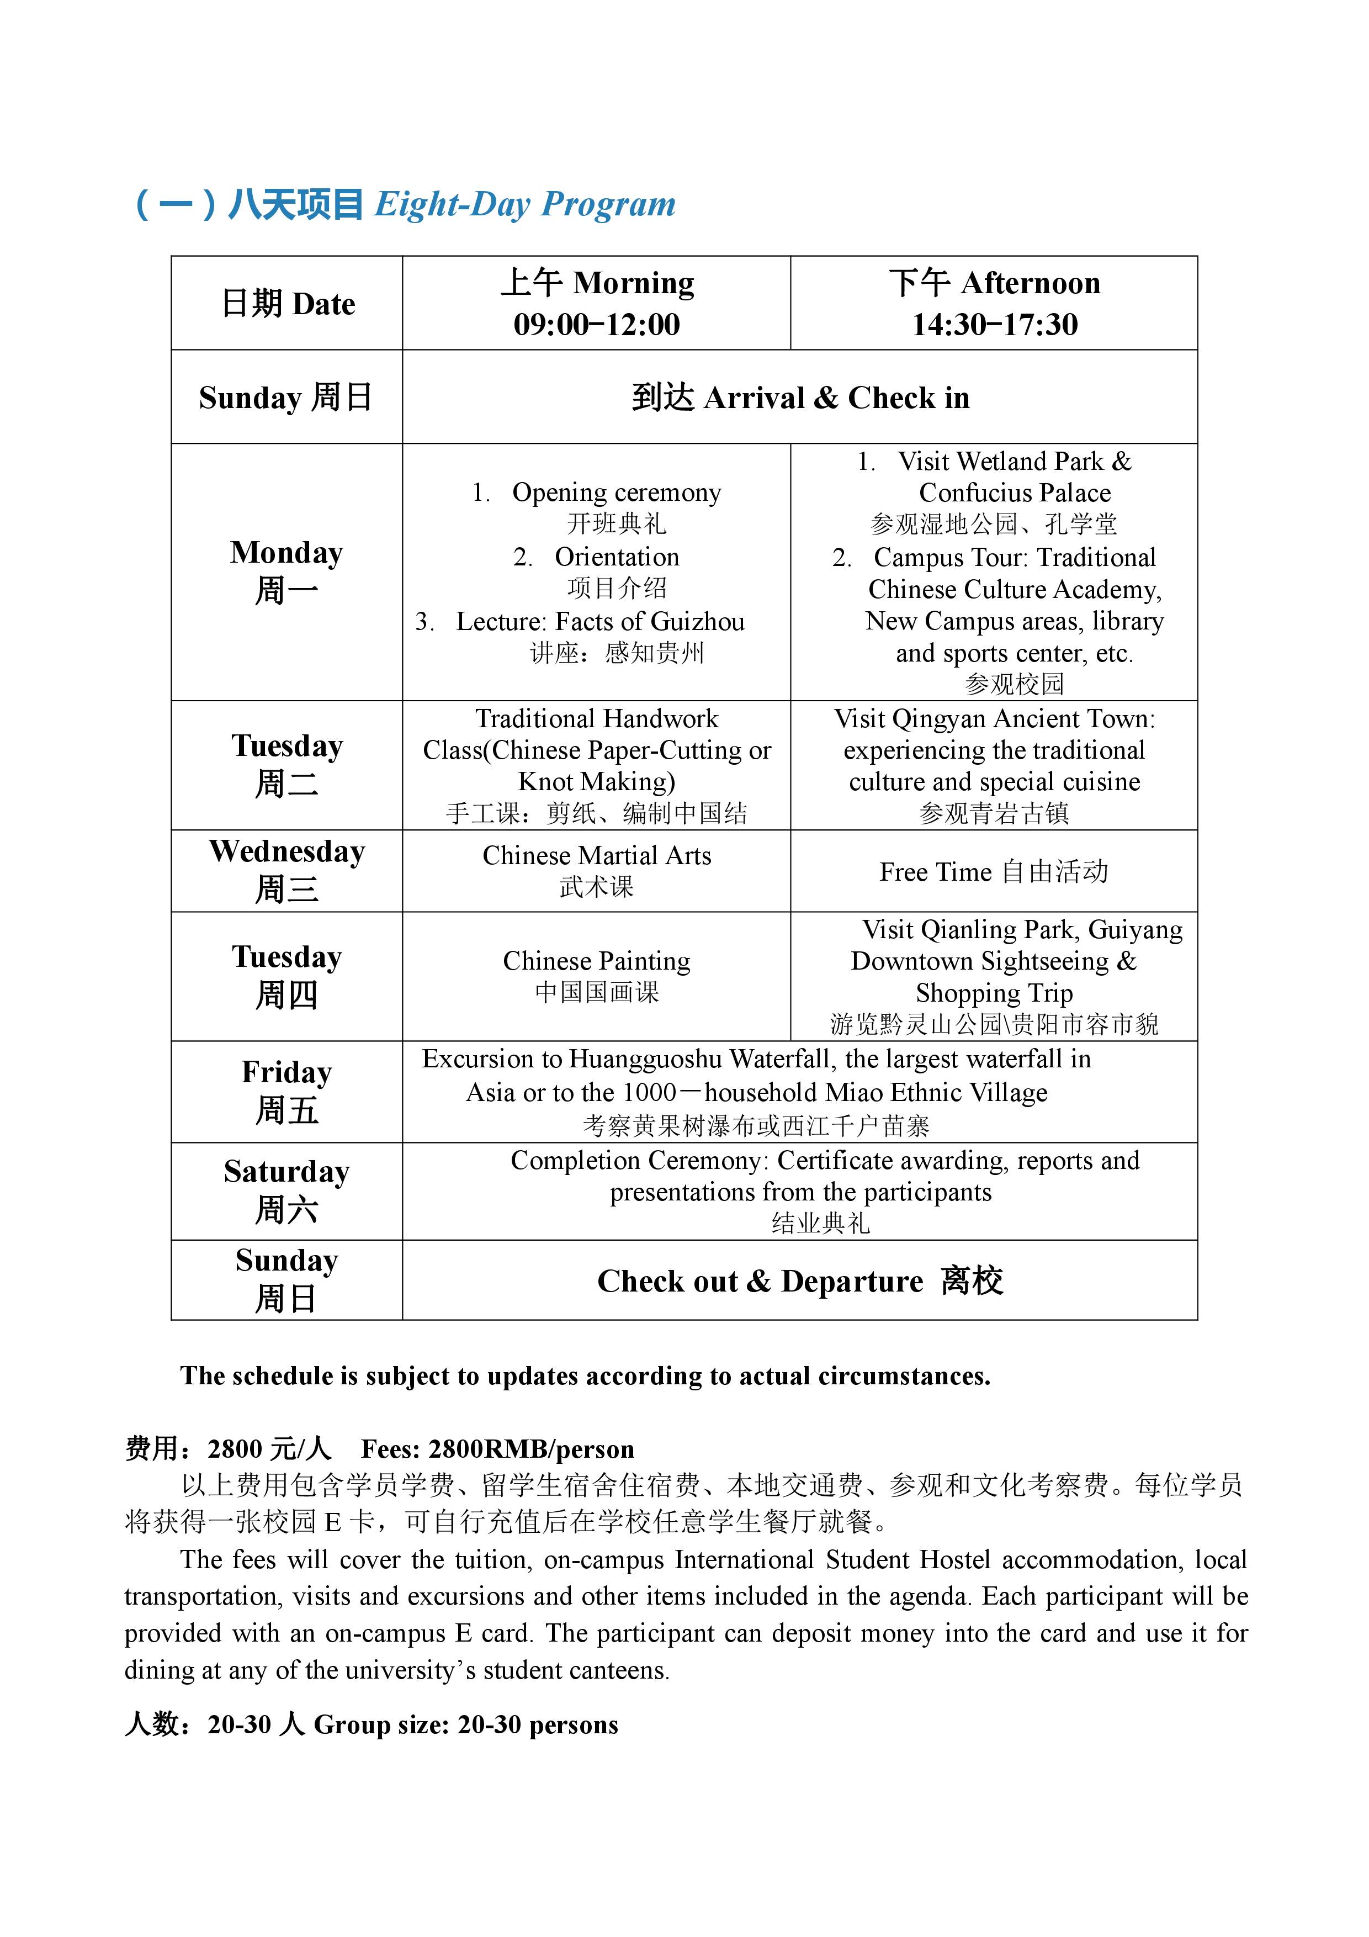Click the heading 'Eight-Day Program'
pos(524,205)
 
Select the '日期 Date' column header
pos(287,304)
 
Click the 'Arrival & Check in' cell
pos(800,398)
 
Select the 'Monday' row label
pos(287,553)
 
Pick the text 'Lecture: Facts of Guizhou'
pos(599,622)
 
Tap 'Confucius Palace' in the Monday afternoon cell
pos(1014,493)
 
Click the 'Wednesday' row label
pos(287,852)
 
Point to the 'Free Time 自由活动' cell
pos(994,871)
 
